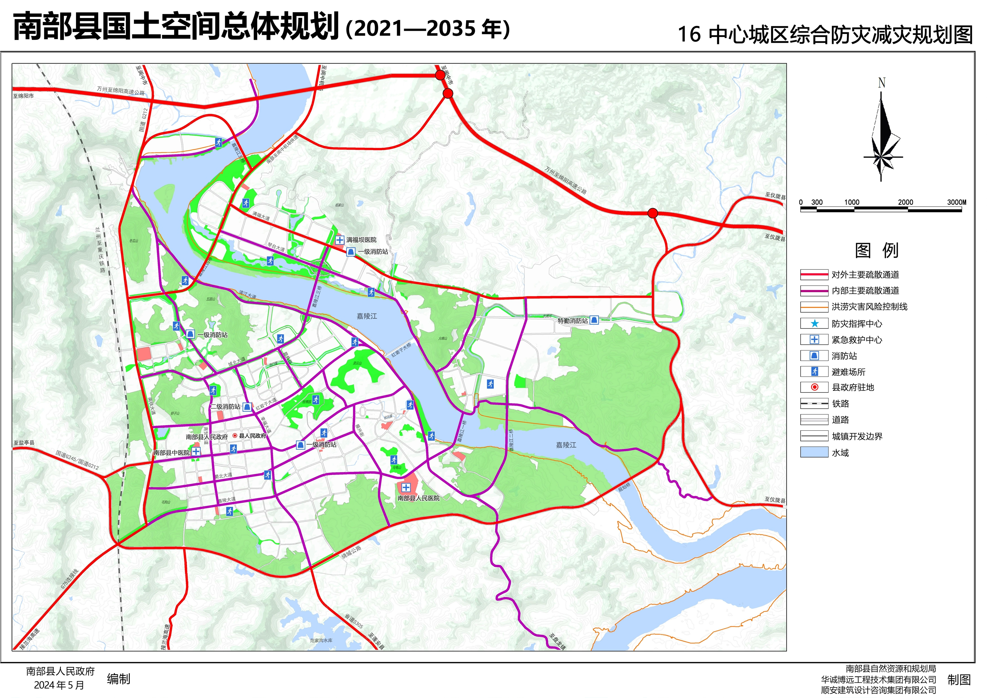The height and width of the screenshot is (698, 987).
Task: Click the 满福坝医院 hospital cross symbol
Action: [339, 240]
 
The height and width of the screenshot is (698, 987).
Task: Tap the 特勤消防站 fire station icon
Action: [594, 320]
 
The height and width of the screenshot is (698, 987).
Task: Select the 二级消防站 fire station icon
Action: [247, 407]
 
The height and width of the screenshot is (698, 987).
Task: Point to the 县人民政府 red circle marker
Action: [235, 435]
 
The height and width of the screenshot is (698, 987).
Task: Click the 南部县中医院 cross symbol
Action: [196, 451]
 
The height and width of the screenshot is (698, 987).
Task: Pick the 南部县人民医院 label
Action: [418, 498]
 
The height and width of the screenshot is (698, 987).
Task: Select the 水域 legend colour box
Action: [814, 452]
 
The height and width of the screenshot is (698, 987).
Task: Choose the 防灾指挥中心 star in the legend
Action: [814, 324]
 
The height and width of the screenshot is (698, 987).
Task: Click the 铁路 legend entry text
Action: [840, 404]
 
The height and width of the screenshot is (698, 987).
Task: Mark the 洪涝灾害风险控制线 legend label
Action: [869, 307]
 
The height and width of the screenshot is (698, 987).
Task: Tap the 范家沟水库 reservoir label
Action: [321, 640]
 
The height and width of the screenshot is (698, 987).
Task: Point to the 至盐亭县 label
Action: [24, 443]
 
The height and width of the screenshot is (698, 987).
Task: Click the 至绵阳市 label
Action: [23, 96]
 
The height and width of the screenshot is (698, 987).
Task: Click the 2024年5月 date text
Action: [59, 685]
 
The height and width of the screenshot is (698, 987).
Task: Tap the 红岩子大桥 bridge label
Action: [401, 349]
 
